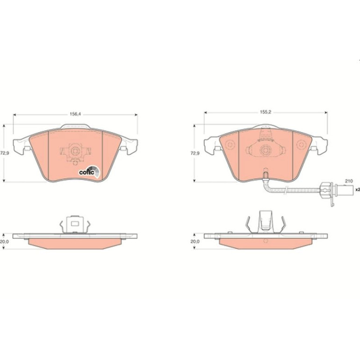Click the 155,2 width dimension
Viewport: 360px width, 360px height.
pos(266,112)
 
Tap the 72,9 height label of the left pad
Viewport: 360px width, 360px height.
pos(5,153)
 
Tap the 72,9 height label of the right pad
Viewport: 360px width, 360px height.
pos(195,153)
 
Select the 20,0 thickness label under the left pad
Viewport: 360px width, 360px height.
pos(4,242)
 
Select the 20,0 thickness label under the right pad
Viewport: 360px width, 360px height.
pos(195,241)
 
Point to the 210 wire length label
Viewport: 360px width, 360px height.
pos(349,181)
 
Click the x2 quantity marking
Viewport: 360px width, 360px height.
pos(358,189)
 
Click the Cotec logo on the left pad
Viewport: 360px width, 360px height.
pos(89,172)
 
